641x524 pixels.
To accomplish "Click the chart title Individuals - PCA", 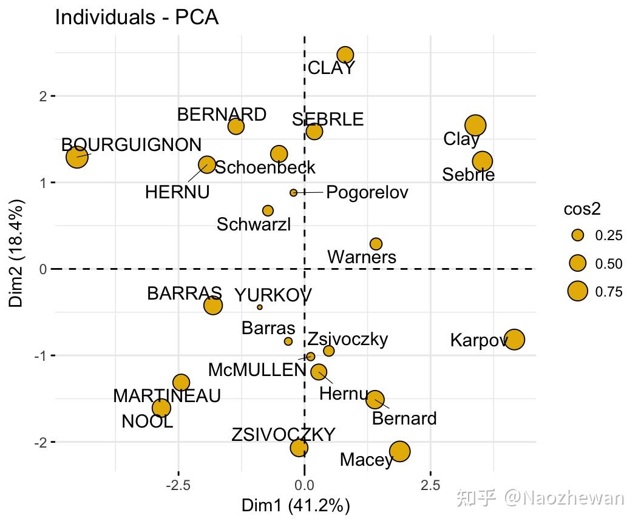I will click(137, 17).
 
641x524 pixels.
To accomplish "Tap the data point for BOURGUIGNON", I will click(77, 158).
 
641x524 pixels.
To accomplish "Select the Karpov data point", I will click(514, 340).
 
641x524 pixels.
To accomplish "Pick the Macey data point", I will click(399, 451).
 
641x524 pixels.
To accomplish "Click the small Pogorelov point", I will click(294, 193).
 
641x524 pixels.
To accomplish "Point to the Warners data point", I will click(376, 244).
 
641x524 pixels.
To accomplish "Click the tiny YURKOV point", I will click(260, 307).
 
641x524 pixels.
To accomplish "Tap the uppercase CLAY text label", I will click(331, 69).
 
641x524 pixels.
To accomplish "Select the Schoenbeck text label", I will click(265, 167).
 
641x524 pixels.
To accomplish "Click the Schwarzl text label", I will click(254, 224).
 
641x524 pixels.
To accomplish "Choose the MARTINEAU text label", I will click(167, 397).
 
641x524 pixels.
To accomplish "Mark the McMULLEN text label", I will click(257, 369).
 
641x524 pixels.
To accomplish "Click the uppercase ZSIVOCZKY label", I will click(283, 435).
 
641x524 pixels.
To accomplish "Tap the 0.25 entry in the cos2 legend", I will click(608, 236).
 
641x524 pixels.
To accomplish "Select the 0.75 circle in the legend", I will click(577, 292).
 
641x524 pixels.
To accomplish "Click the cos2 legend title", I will click(582, 210).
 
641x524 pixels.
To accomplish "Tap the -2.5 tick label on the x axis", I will click(178, 485).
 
